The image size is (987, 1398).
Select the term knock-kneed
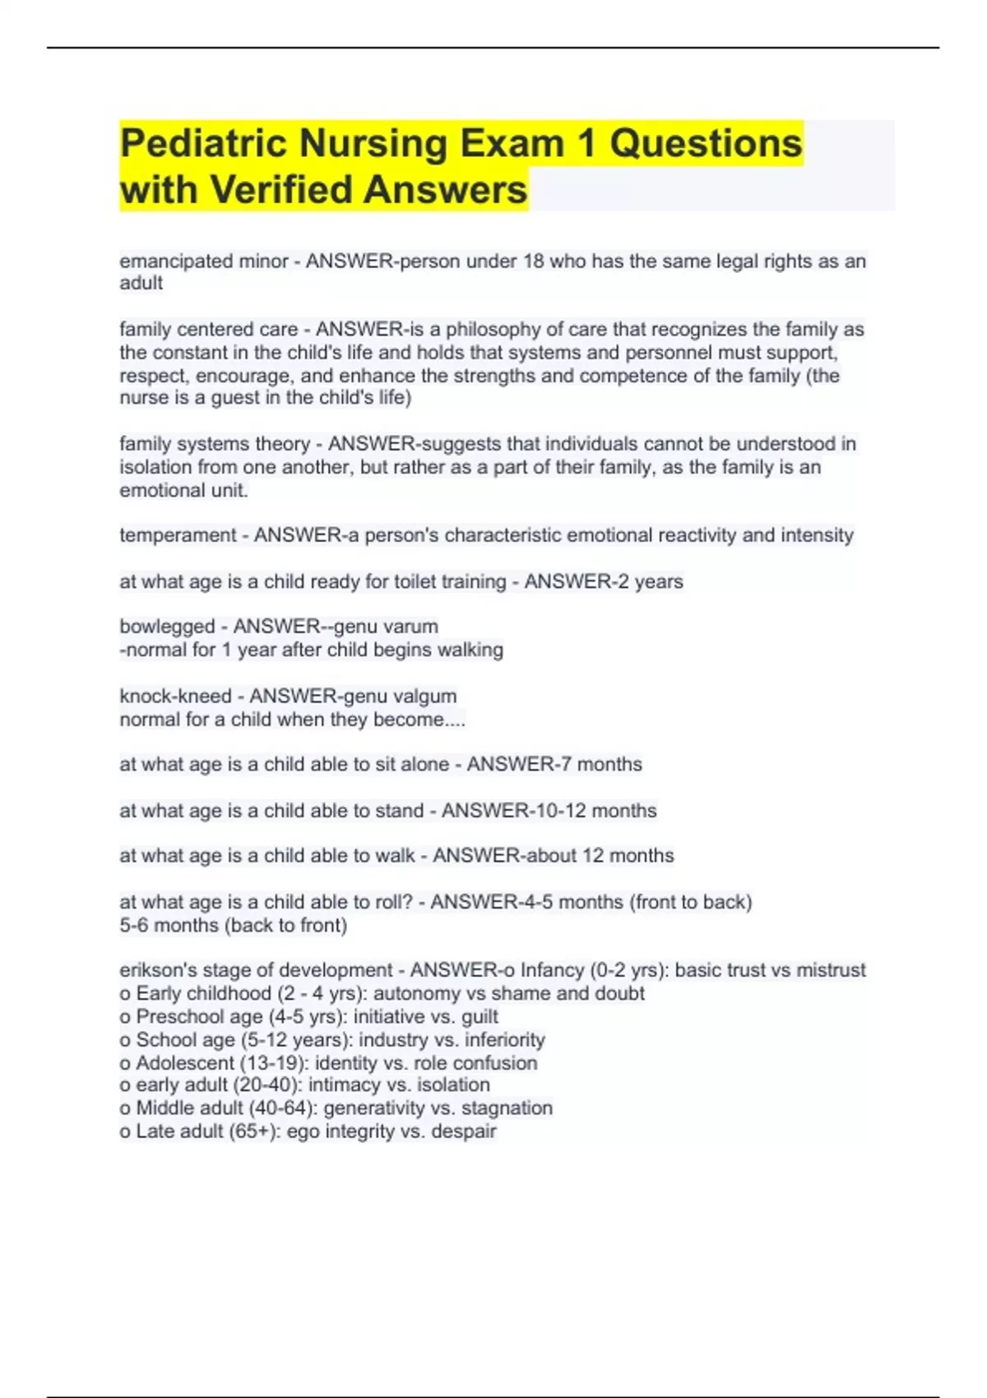click(x=175, y=697)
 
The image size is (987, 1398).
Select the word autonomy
click(x=412, y=993)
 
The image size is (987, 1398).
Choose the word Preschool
click(x=176, y=1016)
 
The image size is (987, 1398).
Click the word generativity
click(x=373, y=1109)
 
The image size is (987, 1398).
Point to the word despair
click(x=466, y=1132)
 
